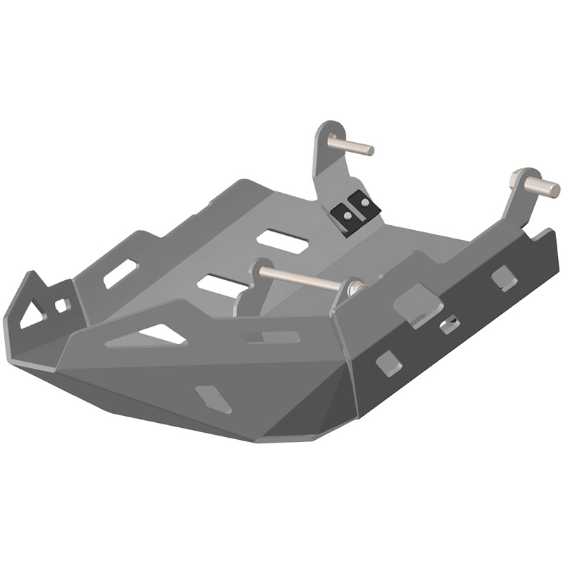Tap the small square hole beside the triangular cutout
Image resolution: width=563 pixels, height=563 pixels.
pyautogui.click(x=61, y=305)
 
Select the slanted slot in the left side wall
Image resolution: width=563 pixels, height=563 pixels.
pyautogui.click(x=120, y=273)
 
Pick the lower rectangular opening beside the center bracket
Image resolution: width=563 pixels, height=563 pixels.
pyautogui.click(x=222, y=284)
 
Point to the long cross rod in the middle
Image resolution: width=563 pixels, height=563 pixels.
pyautogui.click(x=303, y=277)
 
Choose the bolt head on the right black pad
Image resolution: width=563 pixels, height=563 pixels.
pyautogui.click(x=364, y=202)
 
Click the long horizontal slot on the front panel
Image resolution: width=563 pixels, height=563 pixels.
pyautogui.click(x=270, y=338)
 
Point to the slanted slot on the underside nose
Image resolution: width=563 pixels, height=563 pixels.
pyautogui.click(x=213, y=398)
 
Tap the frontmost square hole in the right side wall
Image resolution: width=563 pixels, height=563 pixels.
pyautogui.click(x=388, y=362)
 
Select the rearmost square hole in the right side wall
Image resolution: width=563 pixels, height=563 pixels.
pyautogui.click(x=504, y=278)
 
